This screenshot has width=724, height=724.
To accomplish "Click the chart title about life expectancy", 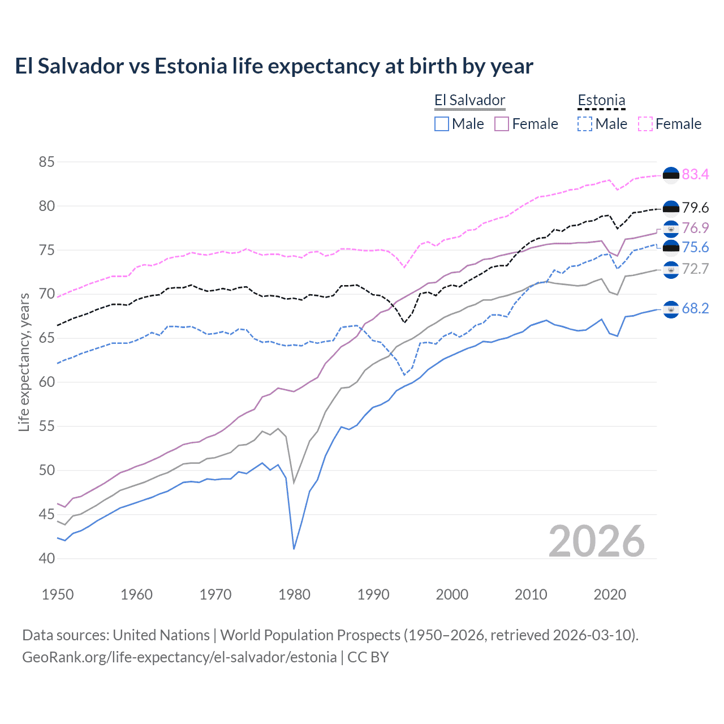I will coord(274,66).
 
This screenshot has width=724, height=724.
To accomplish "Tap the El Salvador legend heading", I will coord(469,100).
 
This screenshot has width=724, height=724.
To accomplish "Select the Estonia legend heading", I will coord(601,100).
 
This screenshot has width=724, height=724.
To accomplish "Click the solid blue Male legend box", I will coord(442,124).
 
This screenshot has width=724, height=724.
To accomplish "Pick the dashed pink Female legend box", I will coord(645,124).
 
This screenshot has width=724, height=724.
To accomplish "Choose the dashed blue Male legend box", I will coord(585,124).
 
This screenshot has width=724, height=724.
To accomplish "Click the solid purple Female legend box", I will coord(502,124).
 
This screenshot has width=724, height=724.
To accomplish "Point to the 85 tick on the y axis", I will coord(46,162).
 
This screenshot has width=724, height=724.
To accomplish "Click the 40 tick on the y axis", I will coord(46,558).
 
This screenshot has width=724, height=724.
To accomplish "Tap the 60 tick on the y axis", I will coord(46,382).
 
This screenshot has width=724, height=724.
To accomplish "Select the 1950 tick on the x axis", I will coord(58,594).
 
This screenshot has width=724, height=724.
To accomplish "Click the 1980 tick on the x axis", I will coord(294,594).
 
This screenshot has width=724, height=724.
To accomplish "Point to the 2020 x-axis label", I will coord(610,594).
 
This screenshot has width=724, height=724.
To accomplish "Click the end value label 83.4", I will coord(695,175).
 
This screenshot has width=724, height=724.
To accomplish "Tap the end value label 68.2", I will coord(695,308).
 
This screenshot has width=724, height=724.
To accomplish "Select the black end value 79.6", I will coord(695,208).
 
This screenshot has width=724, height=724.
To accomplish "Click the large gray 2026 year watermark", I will coord(597,541).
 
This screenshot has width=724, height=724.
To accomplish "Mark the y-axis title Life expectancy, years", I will coord(24,362).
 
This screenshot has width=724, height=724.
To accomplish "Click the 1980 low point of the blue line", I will coord(294,549).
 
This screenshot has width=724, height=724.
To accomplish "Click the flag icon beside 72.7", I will coord(671,270).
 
